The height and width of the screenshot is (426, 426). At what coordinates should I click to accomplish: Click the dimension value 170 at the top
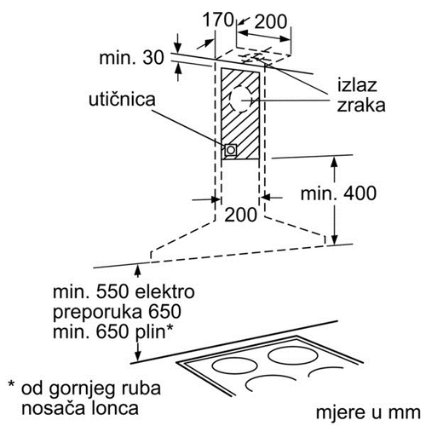218,20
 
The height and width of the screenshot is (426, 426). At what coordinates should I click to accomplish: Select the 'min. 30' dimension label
132,58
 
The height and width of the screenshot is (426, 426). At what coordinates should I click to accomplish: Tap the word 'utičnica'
122,100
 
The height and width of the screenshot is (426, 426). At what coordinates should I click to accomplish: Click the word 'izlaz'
357,84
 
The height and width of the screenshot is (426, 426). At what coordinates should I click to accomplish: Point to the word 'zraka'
361,106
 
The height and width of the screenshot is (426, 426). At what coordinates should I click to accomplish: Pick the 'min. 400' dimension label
338,193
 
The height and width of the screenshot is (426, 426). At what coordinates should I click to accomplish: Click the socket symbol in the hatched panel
230,150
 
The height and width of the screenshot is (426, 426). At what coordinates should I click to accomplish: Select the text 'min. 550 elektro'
124,291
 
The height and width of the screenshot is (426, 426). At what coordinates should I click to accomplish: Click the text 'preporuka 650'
117,312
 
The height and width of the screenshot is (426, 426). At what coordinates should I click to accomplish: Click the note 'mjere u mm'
368,412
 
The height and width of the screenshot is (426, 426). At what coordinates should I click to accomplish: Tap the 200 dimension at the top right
270,21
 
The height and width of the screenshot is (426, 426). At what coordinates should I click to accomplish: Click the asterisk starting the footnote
11,385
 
